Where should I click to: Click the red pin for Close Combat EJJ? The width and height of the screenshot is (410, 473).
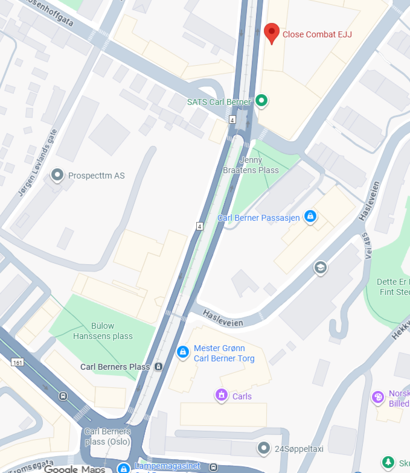click(272, 33)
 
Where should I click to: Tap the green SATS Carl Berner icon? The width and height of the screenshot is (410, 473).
click(261, 101)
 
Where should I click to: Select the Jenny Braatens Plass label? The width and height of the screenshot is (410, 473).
click(259, 165)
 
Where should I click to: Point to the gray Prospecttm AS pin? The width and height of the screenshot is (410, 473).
click(57, 176)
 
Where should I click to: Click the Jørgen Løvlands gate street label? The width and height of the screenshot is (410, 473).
click(37, 163)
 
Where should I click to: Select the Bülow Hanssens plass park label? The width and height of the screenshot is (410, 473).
click(103, 331)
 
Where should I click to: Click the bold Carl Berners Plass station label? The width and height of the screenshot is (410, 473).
click(115, 367)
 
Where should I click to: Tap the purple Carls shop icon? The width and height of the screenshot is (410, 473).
click(222, 396)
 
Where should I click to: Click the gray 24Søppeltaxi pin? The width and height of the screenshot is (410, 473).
click(263, 448)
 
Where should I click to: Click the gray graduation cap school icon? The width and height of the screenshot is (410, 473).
click(320, 267)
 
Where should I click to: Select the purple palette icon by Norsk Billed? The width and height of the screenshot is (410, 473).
click(378, 397)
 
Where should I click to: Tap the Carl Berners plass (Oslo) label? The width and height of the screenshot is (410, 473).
click(107, 436)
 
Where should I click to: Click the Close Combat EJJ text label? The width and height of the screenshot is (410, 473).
click(317, 34)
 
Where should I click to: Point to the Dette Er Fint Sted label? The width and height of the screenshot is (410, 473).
click(393, 287)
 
